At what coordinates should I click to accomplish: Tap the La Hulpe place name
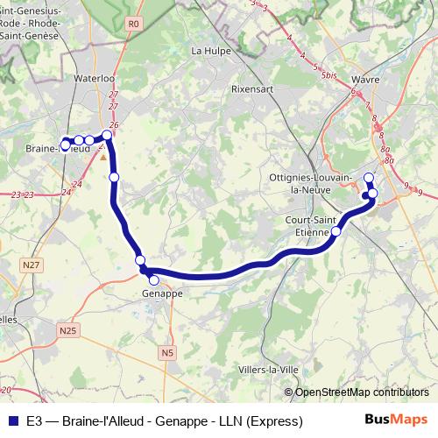click(x=209, y=51)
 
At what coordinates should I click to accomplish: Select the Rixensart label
click(x=251, y=88)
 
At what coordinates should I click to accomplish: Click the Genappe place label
click(x=162, y=293)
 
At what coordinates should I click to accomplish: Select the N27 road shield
click(x=32, y=264)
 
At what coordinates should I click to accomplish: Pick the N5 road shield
click(x=167, y=352)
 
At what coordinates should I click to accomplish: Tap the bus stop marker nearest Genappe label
click(x=154, y=280)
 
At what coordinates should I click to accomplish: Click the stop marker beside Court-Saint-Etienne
click(x=336, y=231)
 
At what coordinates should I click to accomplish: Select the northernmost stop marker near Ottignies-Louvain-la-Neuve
click(x=369, y=178)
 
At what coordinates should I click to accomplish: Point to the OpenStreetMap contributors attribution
click(x=362, y=392)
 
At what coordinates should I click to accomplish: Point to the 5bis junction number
click(x=329, y=76)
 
